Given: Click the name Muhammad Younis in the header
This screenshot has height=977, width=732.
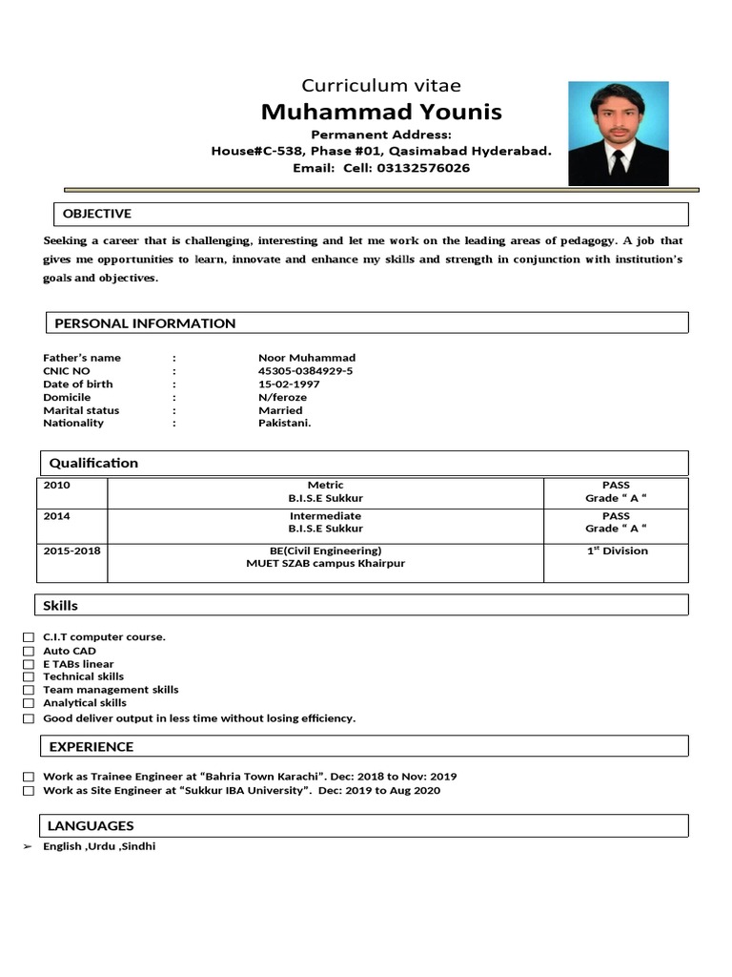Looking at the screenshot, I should click(381, 113).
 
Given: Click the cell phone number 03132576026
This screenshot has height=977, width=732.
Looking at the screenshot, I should click(424, 168).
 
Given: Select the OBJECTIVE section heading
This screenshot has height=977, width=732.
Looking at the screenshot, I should click(96, 214).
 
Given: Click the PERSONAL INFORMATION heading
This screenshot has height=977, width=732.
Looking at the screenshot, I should click(145, 323).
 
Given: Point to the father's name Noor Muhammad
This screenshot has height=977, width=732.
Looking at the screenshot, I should click(306, 358).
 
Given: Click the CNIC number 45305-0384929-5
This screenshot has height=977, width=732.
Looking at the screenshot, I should click(305, 371).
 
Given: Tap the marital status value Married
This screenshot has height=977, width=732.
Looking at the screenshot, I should click(280, 410).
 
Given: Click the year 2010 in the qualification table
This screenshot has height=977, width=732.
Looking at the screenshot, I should click(57, 486).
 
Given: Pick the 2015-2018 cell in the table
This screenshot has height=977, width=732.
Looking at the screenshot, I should click(71, 551).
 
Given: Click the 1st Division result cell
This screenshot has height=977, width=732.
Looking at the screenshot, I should click(617, 551).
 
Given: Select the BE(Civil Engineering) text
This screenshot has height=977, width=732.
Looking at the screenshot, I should click(325, 551).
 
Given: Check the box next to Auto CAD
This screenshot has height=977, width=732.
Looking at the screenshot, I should click(29, 652).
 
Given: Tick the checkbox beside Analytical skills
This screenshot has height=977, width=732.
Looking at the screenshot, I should click(29, 703).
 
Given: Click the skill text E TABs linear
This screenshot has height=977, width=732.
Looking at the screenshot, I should click(78, 664).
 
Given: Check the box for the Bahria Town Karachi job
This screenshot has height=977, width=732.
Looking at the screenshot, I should click(29, 778).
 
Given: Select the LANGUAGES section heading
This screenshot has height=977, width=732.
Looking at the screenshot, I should click(91, 826).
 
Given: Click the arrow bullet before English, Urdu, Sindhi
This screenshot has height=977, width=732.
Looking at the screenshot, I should click(28, 847).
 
